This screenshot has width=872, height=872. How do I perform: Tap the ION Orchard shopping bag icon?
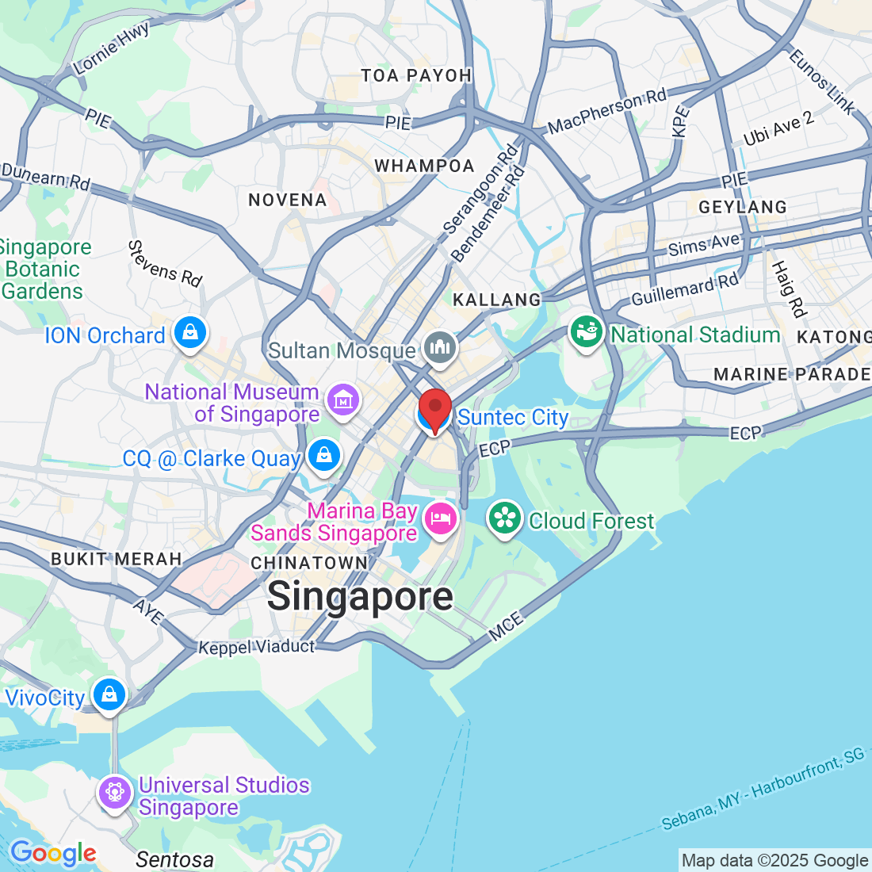[190, 334]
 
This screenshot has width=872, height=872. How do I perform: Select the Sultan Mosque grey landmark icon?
[439, 348]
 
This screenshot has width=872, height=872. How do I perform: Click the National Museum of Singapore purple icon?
[342, 400]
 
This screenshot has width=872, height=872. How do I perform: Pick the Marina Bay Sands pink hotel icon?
[438, 519]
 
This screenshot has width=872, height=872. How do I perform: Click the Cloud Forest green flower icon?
[505, 519]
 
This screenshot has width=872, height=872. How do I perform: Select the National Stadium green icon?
[587, 333]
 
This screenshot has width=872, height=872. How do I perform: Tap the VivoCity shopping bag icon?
[109, 695]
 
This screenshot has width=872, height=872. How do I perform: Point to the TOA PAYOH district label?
[416, 75]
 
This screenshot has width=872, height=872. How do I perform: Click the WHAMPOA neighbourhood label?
[424, 166]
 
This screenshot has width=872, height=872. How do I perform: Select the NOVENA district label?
[288, 200]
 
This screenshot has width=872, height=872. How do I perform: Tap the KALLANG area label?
[496, 300]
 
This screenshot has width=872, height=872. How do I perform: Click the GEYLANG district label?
[743, 207]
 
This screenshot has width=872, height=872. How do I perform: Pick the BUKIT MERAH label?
[117, 559]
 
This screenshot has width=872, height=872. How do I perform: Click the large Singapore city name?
[360, 596]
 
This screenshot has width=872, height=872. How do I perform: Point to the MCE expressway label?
[506, 626]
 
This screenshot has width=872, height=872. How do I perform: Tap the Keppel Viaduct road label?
[256, 647]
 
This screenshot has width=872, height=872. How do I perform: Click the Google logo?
[53, 853]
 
